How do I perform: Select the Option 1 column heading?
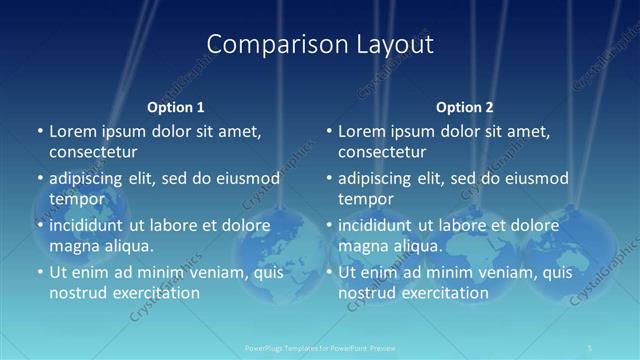(176, 106)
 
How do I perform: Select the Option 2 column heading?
(465, 106)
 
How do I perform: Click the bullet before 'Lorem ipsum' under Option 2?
(328, 131)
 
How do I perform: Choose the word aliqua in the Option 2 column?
(417, 246)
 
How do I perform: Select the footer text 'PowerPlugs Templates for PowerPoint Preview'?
(319, 348)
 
